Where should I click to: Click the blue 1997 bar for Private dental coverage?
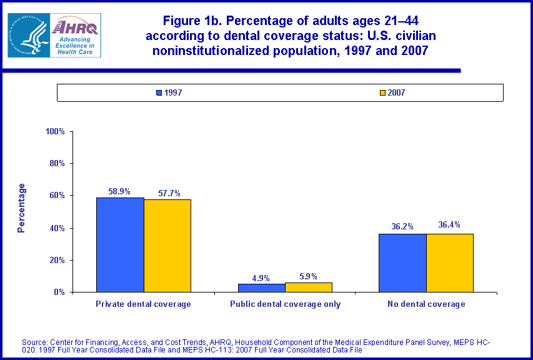pos(120,244)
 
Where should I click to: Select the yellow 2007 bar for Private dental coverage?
pos(167,246)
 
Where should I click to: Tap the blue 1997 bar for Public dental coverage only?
pos(261,287)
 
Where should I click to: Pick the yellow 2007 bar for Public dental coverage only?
pos(309,287)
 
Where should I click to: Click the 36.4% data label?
pos(449,225)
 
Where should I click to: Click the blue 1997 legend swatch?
pos(159,93)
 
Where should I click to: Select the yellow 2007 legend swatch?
pos(382,93)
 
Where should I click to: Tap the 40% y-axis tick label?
pos(57,228)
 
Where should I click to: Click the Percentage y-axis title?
pos(22,208)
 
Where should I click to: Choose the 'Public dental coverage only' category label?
pos(285,304)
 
